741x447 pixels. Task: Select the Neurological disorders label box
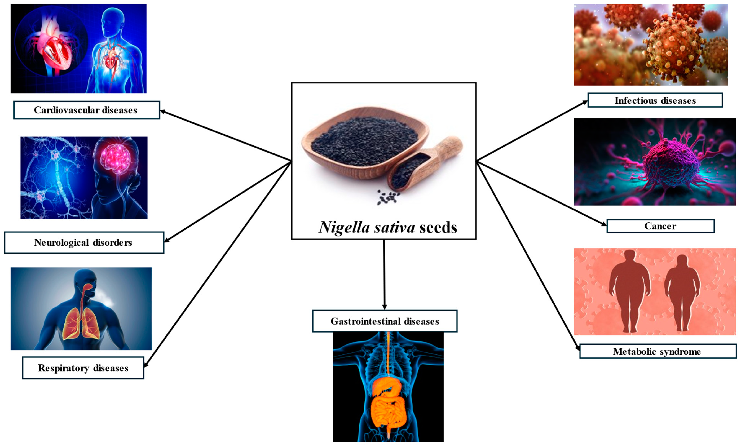point(84,242)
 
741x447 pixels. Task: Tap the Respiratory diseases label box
point(83,368)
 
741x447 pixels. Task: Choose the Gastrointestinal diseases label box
point(385,321)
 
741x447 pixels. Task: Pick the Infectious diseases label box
point(655,100)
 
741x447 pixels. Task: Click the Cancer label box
point(660,226)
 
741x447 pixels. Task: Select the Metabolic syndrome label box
point(658,351)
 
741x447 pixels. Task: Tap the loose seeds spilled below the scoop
point(388,198)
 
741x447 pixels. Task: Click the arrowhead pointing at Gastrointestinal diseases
point(384,307)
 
